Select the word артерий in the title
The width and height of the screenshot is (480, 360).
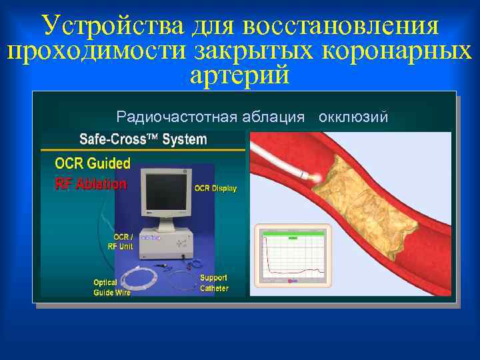tap(239, 75)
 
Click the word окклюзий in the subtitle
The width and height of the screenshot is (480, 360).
tap(354, 117)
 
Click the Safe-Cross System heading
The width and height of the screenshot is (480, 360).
tap(143, 140)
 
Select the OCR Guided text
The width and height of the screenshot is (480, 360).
tap(93, 163)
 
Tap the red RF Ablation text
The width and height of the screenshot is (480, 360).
tap(90, 183)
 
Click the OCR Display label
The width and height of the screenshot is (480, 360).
tap(215, 189)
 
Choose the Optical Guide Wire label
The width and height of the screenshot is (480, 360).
tap(111, 287)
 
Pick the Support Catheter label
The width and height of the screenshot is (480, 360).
tap(214, 283)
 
